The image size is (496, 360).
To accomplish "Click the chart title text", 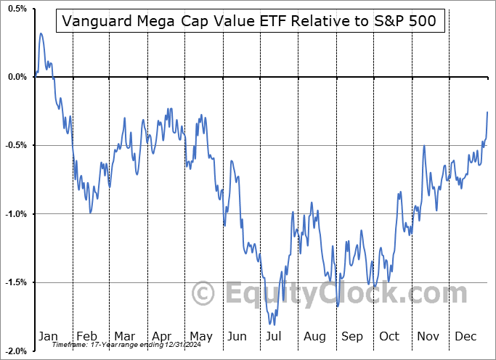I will click(249, 21).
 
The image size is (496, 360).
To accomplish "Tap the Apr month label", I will click(162, 337).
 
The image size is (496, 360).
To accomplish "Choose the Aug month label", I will click(314, 337).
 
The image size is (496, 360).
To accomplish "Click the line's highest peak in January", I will click(41, 33).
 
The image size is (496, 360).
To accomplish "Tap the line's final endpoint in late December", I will click(487, 111).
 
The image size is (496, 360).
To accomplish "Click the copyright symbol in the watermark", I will click(203, 293).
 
